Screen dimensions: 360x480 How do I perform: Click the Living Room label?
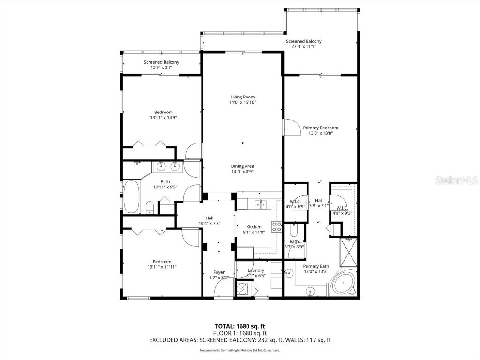242,97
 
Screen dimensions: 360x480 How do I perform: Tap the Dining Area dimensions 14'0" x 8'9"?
242,172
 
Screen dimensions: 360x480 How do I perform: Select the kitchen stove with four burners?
277,226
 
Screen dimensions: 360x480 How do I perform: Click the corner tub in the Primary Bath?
343,284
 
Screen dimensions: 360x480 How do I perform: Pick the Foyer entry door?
222,290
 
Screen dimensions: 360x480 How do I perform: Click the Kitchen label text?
254,227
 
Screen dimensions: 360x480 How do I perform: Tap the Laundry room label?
256,270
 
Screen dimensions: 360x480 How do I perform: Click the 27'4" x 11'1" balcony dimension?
304,47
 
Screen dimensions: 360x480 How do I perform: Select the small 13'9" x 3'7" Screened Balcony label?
161,62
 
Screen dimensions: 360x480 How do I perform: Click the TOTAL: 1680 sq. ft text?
242,326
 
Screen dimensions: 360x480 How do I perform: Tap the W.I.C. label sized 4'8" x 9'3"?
342,208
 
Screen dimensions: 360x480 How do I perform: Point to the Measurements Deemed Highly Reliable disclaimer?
240,350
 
